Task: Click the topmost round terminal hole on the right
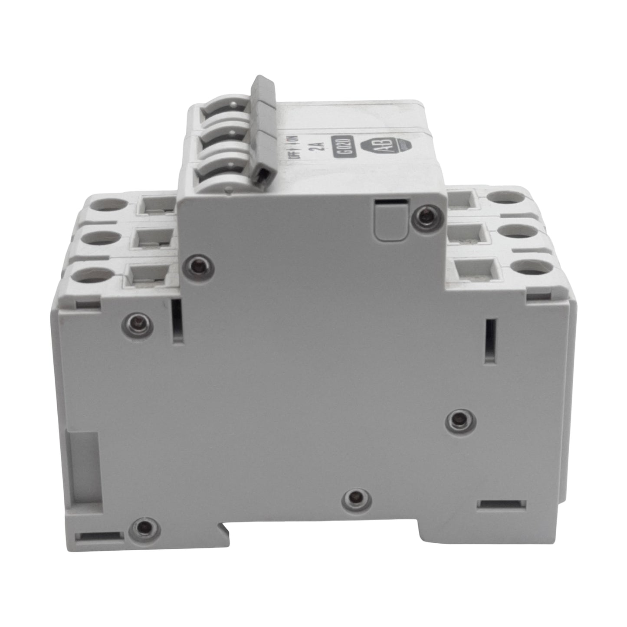pos(505,198)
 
